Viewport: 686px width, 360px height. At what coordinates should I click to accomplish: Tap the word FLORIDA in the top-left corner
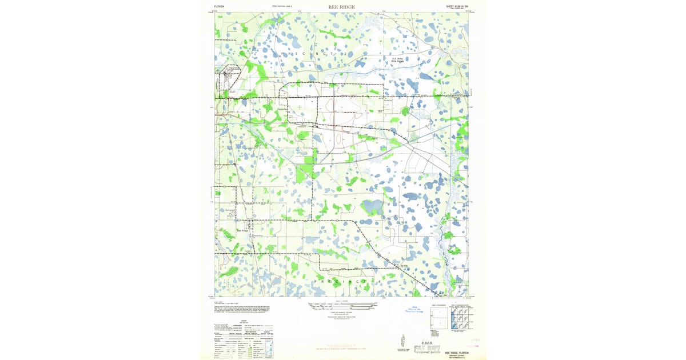point(220,7)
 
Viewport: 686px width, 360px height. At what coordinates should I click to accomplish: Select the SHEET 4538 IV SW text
point(456,7)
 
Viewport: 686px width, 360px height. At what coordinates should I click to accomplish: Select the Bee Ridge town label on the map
point(244,231)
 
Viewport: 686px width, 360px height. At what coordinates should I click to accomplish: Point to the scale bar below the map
point(342,306)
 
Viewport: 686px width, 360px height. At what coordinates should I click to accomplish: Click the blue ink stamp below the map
point(410,310)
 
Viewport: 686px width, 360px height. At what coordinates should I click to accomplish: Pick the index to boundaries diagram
point(438,317)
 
